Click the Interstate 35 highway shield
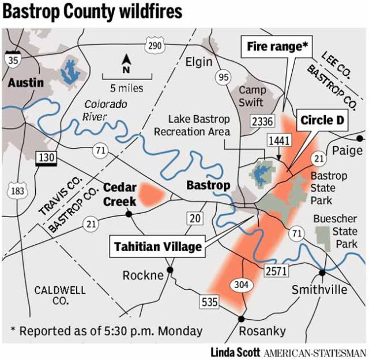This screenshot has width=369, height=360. [12, 58]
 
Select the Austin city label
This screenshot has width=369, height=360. [25, 83]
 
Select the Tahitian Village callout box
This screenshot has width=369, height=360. [158, 247]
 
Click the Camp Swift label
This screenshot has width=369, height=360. [253, 96]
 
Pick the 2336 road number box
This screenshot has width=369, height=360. [262, 120]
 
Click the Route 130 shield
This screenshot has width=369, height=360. [45, 157]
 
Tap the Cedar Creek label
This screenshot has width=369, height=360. [120, 194]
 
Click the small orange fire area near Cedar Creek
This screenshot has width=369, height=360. [153, 194]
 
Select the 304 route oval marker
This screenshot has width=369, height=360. [241, 284]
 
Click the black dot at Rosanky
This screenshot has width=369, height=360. [241, 318]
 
